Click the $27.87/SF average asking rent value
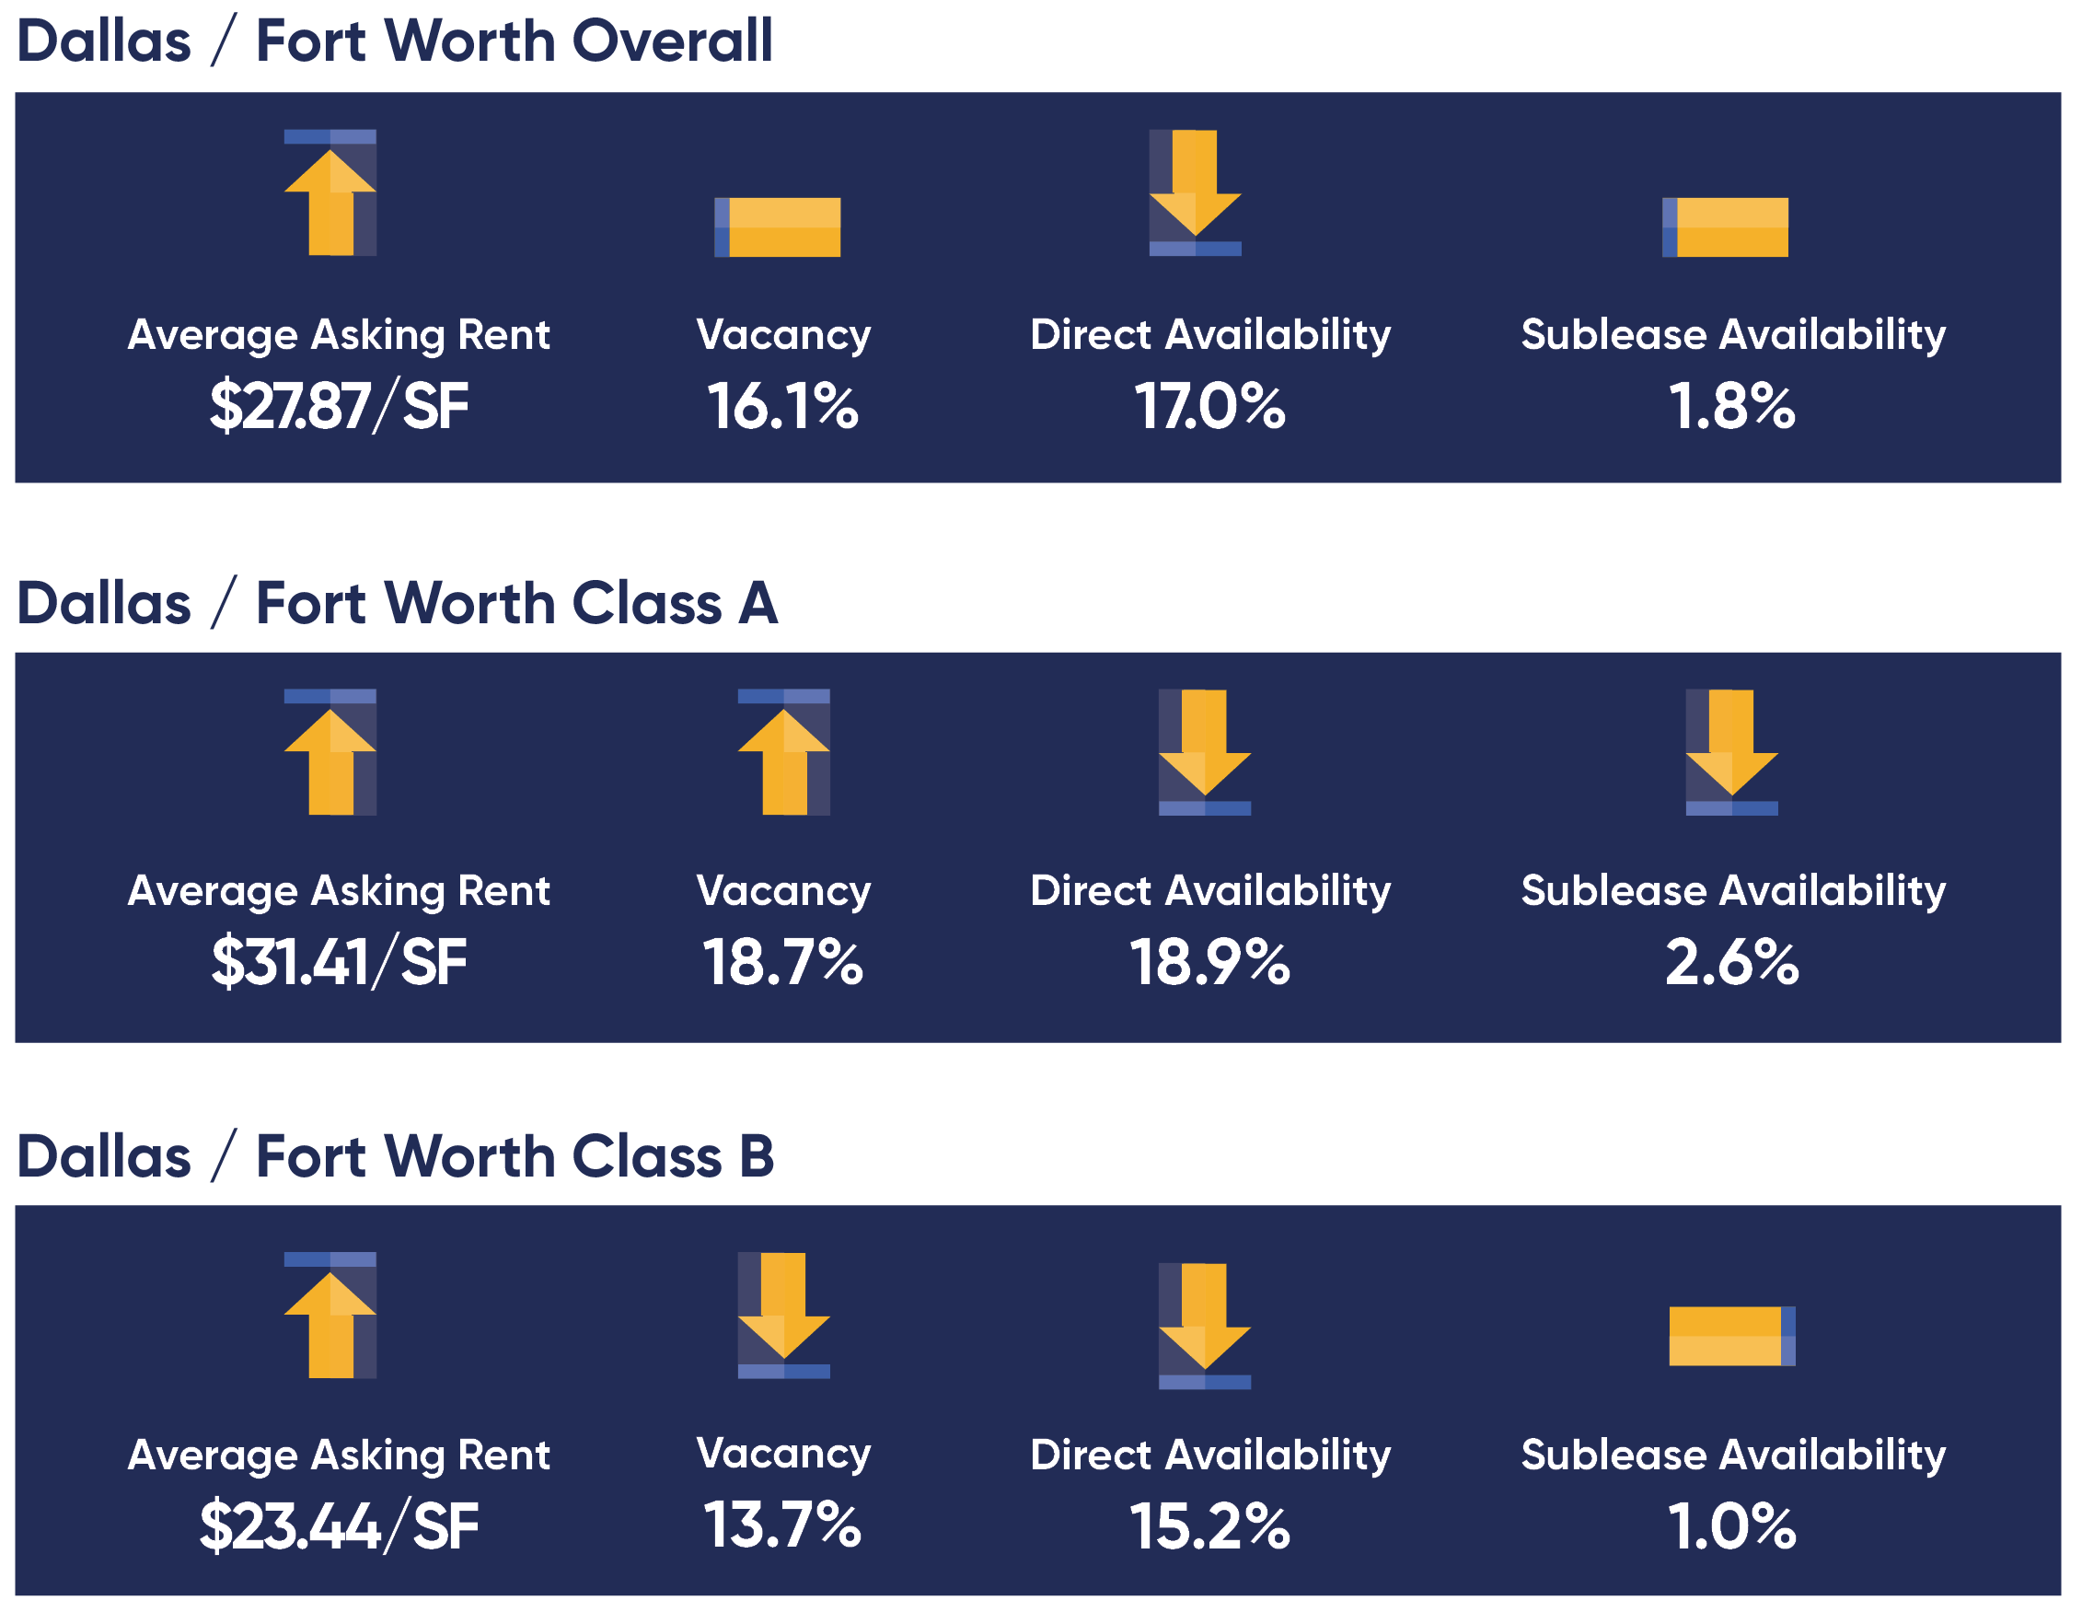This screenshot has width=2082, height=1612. (x=339, y=407)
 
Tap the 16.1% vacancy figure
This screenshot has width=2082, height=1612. (x=781, y=407)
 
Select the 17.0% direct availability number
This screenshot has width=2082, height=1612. (x=1209, y=407)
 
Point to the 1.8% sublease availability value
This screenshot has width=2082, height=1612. (x=1731, y=407)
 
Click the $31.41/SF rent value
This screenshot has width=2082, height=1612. (x=339, y=963)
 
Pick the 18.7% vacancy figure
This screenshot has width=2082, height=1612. (x=781, y=963)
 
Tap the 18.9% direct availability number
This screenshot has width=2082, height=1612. (x=1209, y=963)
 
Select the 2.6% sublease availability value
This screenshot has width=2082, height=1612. (x=1731, y=963)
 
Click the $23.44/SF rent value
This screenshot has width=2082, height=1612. (x=339, y=1526)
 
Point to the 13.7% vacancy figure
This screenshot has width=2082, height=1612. (x=781, y=1525)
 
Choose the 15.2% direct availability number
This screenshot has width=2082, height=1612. (x=1209, y=1526)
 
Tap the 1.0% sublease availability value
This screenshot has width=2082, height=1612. (x=1731, y=1526)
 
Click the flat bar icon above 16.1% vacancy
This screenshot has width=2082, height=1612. (x=777, y=226)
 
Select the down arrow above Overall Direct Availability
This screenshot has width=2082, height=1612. (x=1195, y=192)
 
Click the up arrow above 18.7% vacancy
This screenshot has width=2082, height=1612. (x=783, y=752)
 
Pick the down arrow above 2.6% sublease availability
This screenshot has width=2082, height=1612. (x=1731, y=752)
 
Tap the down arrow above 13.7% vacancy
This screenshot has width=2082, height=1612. (x=783, y=1316)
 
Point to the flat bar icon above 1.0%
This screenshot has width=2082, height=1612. (x=1731, y=1336)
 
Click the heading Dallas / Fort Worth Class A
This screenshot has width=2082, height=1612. (x=398, y=603)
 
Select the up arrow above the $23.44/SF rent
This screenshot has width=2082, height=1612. (x=330, y=1316)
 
